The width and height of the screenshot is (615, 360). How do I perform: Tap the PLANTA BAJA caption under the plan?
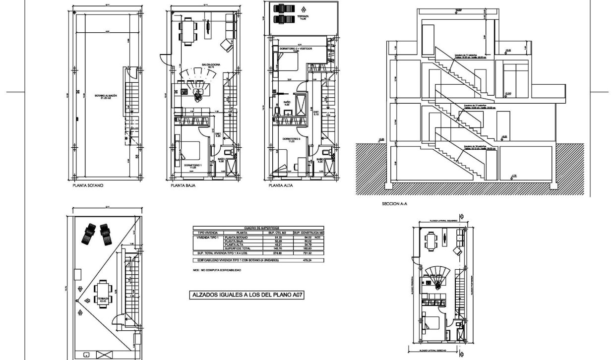(x=183, y=186)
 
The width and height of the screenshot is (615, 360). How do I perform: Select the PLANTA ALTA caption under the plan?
(x=281, y=186)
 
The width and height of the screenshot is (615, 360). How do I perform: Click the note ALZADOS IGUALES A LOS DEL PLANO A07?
(x=247, y=295)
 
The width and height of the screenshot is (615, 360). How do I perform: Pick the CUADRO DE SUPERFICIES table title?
(x=258, y=228)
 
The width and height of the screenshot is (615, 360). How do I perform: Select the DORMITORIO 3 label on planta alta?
(x=292, y=140)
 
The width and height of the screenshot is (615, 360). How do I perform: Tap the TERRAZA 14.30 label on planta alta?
(x=303, y=18)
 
